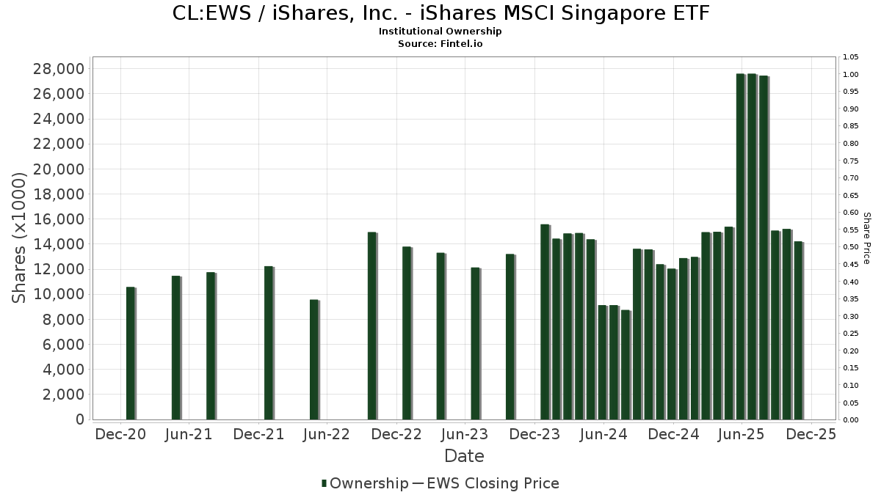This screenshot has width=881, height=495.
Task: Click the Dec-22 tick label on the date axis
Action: pyautogui.click(x=396, y=434)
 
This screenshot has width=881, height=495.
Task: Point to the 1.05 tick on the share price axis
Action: pyautogui.click(x=852, y=57)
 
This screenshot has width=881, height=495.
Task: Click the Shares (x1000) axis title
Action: pyautogui.click(x=20, y=237)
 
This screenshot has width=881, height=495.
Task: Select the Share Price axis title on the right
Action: pyautogui.click(x=867, y=238)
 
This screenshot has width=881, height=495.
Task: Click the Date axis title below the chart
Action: pyautogui.click(x=464, y=456)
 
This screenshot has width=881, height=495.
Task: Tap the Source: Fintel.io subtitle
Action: pyautogui.click(x=440, y=43)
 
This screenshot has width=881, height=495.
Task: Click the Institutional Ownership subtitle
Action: pyautogui.click(x=440, y=32)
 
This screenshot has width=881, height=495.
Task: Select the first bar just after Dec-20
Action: pyautogui.click(x=131, y=353)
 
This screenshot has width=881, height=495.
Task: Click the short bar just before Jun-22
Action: pyautogui.click(x=314, y=359)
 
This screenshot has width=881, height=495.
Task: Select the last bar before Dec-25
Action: pyautogui.click(x=798, y=330)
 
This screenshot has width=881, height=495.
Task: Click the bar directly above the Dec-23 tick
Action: pyautogui.click(x=545, y=322)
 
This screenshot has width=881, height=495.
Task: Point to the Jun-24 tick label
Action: pyautogui.click(x=603, y=434)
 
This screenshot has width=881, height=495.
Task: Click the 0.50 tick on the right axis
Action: pyautogui.click(x=852, y=247)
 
